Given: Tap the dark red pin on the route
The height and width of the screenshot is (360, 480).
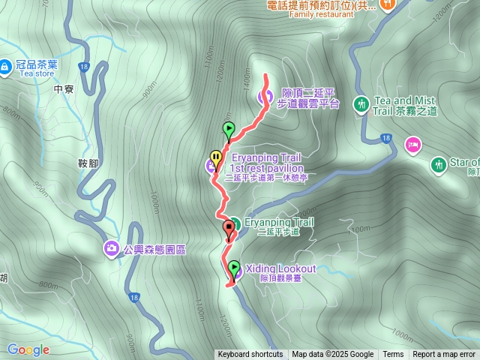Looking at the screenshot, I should point(228,229).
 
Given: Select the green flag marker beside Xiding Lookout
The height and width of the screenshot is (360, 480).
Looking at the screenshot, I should point(234,268).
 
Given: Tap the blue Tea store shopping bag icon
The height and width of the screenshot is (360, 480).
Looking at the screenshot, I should point(5,66).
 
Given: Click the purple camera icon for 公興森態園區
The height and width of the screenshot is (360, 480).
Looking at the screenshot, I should point(112,248).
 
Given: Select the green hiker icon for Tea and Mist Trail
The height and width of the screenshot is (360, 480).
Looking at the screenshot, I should point(361,103).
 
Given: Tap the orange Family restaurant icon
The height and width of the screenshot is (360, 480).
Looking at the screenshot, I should point(388,4).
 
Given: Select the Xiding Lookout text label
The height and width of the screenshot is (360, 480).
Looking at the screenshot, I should point(280,268).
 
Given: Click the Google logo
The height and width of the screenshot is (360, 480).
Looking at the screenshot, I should point(28,349).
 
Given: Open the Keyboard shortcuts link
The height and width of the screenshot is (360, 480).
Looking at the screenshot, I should point(250,355).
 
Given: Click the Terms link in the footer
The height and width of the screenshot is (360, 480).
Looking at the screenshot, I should point(393,355).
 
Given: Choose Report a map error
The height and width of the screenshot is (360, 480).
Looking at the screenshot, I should point(443,355).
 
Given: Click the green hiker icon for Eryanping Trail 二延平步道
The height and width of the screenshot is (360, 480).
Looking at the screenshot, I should point(234,223).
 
